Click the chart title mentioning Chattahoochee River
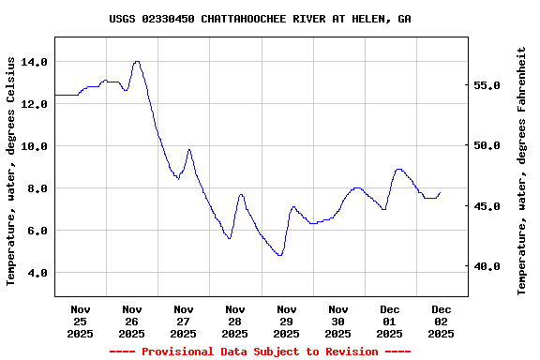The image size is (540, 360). pyautogui.click(x=260, y=19)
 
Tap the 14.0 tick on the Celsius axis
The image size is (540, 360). pyautogui.click(x=34, y=62)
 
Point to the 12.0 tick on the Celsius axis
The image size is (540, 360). pyautogui.click(x=34, y=104)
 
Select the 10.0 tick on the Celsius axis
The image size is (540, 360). pyautogui.click(x=34, y=146)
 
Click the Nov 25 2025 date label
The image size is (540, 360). pyautogui.click(x=81, y=321)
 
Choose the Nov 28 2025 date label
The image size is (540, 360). pyautogui.click(x=235, y=321)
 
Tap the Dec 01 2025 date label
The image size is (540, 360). pyautogui.click(x=390, y=321)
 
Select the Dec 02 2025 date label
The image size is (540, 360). pyautogui.click(x=442, y=321)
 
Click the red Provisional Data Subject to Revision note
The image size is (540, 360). pyautogui.click(x=260, y=352)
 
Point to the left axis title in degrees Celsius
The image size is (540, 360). pyautogui.click(x=11, y=171)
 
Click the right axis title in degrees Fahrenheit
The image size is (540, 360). pyautogui.click(x=521, y=171)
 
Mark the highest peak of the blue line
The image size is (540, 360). pyautogui.click(x=137, y=62)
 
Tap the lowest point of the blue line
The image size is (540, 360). pyautogui.click(x=279, y=255)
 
